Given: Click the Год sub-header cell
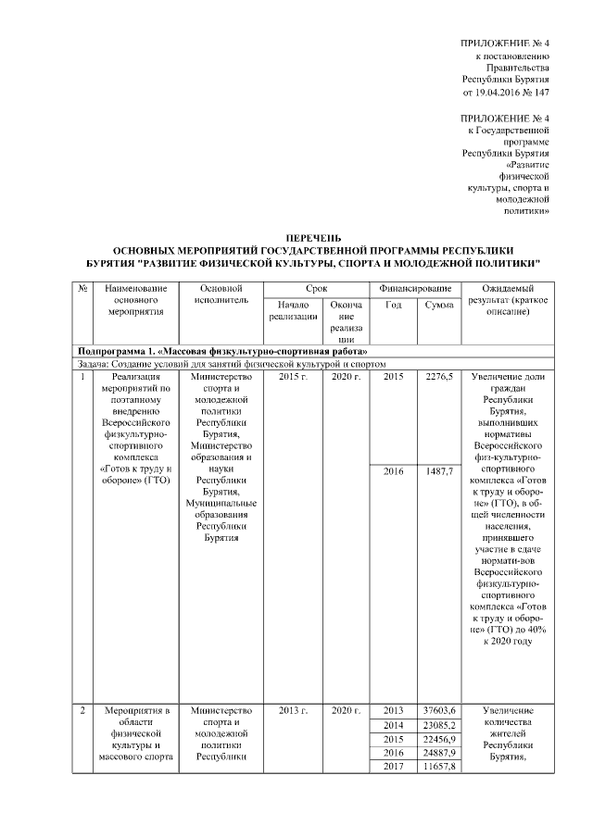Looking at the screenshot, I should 393,306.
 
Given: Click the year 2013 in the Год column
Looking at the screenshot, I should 393,710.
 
